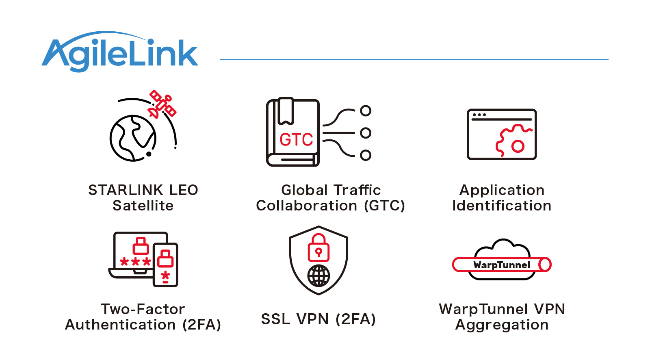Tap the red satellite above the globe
[x=162, y=104]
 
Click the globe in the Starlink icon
[x=132, y=139]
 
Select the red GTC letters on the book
[x=296, y=140]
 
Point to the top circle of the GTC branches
[x=366, y=111]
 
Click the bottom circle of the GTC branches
[x=366, y=155]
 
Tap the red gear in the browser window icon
[x=513, y=141]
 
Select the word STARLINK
[x=126, y=190]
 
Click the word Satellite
[x=143, y=206]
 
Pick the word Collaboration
[x=306, y=206]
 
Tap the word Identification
[x=502, y=206]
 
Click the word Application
[x=502, y=190]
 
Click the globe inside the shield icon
[x=318, y=276]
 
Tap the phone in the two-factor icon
[x=165, y=265]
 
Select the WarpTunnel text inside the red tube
[x=502, y=265]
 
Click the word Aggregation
[x=502, y=325]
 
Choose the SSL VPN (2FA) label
[x=318, y=319]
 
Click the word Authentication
[x=120, y=325]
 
